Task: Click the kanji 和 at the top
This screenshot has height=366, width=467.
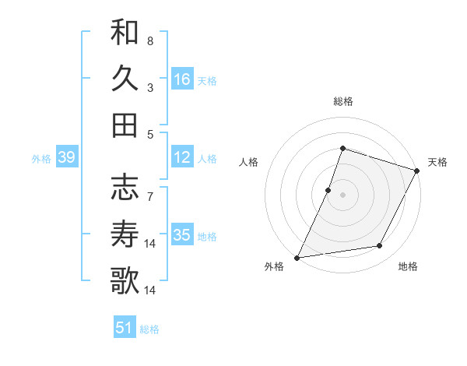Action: [125, 33]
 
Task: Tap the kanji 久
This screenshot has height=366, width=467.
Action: [125, 79]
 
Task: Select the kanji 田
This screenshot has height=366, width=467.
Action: [125, 125]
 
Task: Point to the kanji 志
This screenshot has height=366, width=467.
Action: [125, 187]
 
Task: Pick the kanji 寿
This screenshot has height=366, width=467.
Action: [125, 233]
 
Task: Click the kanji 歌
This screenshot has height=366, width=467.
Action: [125, 280]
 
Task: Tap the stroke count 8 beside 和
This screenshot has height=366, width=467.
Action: [150, 40]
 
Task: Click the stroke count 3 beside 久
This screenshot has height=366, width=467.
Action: [150, 87]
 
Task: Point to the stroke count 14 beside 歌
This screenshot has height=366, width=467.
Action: [150, 290]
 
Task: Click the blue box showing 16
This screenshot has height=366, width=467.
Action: [182, 79]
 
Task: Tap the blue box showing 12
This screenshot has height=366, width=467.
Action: [182, 158]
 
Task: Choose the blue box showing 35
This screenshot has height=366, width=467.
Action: [182, 235]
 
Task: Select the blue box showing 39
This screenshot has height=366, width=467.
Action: [67, 158]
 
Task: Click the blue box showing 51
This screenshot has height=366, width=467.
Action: [125, 328]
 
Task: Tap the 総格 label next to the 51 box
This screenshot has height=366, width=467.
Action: [149, 329]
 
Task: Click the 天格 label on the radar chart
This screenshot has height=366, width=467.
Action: [437, 162]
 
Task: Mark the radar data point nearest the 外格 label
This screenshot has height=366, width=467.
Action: [297, 257]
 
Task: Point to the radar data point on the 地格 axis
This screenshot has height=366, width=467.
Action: [380, 246]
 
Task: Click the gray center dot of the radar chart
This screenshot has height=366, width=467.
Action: [342, 195]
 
